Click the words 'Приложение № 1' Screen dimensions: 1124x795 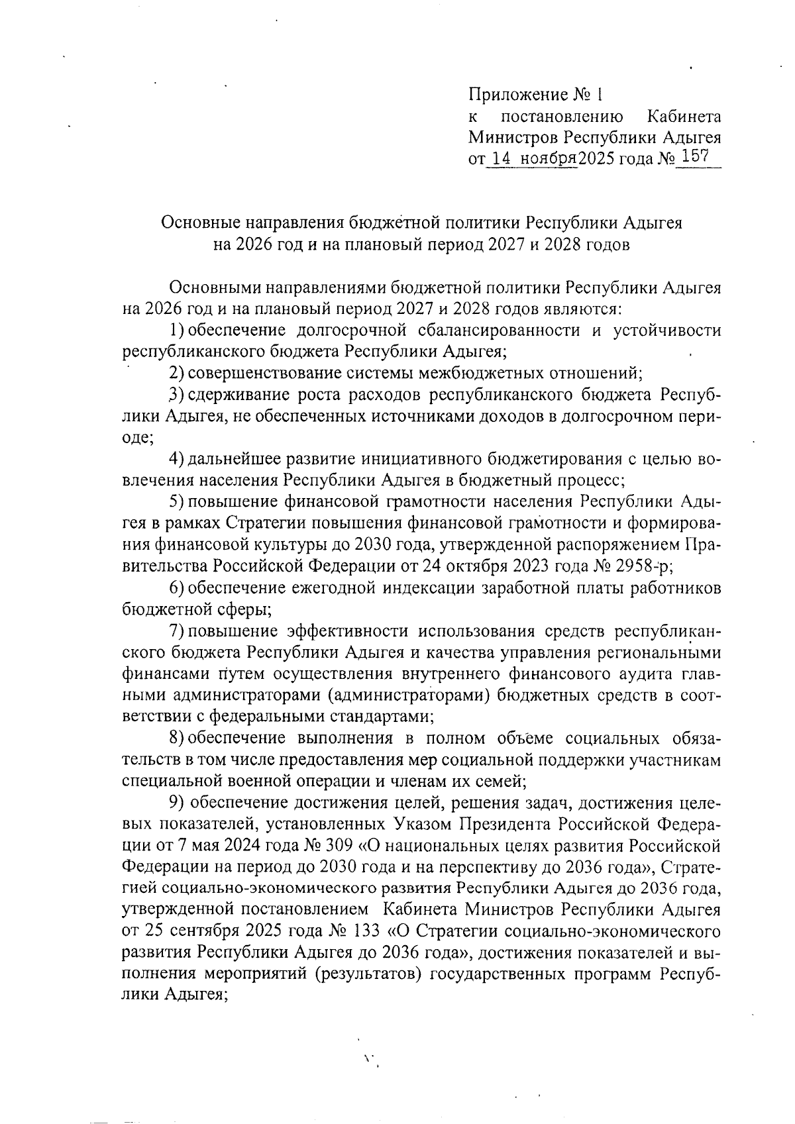pyautogui.click(x=536, y=95)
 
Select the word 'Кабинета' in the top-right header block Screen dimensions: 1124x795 pyautogui.click(x=683, y=117)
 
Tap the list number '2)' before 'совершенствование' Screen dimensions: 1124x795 pyautogui.click(x=177, y=372)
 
